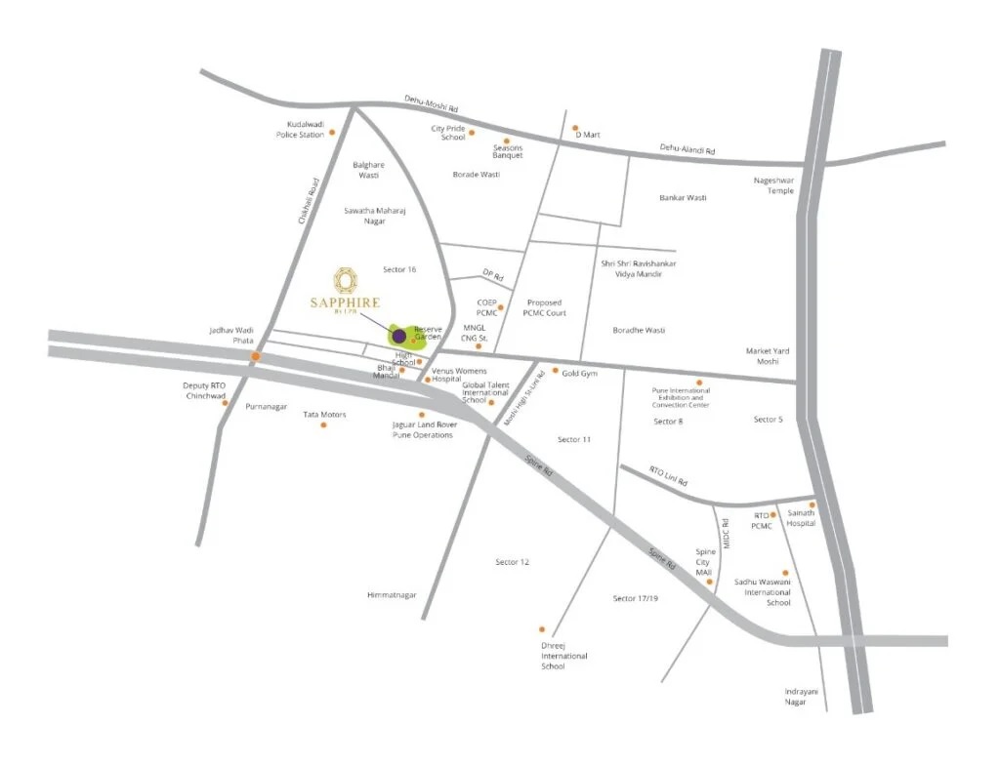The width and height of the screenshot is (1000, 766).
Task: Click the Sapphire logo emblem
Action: point(345,280)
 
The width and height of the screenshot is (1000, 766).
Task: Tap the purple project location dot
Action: point(398,337)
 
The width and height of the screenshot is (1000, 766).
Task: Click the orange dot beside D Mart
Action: point(575,128)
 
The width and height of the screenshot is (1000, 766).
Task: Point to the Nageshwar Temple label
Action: point(774,185)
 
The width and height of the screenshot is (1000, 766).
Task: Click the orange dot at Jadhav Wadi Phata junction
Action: point(256,357)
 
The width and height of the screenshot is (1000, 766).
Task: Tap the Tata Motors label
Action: point(324,415)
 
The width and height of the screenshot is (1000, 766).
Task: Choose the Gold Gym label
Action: point(579,373)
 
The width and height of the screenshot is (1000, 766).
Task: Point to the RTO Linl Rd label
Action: point(669,476)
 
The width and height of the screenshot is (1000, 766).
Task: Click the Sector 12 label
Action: point(512,562)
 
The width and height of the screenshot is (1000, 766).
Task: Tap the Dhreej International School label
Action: point(564,656)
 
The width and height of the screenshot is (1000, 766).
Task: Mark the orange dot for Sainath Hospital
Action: point(811,505)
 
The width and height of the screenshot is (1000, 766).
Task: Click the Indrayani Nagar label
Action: point(801,697)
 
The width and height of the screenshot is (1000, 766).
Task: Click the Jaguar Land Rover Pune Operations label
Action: point(422,429)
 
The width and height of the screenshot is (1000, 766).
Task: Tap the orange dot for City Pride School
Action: point(472,132)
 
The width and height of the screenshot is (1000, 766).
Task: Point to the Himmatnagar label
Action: point(392,594)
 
